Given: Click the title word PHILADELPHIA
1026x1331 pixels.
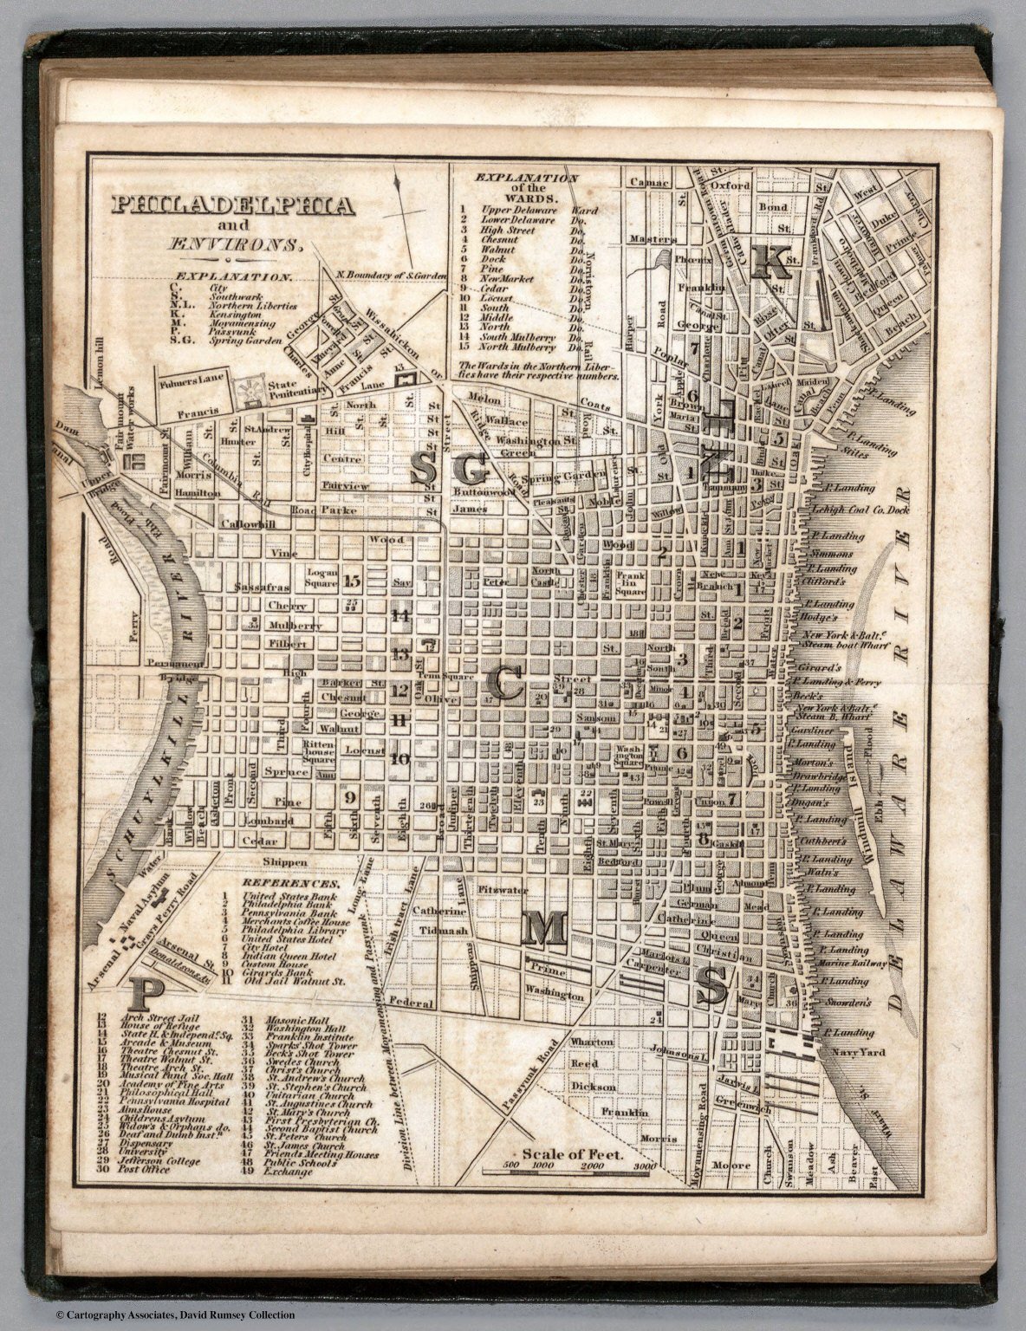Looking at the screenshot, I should coord(231,205).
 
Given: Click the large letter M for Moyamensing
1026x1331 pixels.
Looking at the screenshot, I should coord(543,929).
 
